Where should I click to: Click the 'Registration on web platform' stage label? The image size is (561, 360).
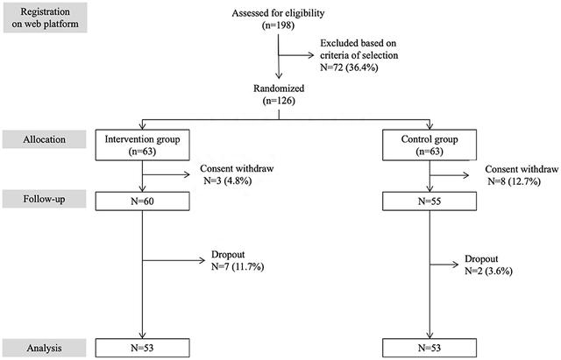45,18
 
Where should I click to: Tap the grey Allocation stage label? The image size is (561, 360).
44,139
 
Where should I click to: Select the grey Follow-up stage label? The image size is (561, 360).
44,199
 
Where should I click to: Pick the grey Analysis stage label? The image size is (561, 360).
44,348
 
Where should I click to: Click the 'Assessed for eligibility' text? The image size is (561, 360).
278,13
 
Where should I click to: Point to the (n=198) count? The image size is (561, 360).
278,25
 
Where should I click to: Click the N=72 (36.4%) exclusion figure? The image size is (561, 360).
349,67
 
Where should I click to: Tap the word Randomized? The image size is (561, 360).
279,88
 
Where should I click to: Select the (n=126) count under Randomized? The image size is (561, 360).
279,101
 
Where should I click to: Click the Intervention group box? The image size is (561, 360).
142,145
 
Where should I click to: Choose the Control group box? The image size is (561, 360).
430,145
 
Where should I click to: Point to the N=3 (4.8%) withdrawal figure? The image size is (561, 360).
228,180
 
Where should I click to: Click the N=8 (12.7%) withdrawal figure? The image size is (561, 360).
515,181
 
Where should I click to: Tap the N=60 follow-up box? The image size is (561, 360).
142,201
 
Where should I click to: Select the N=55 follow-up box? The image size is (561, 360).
430,201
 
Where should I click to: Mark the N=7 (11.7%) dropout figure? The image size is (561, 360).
238,266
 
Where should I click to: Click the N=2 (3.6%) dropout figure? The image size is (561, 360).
488,271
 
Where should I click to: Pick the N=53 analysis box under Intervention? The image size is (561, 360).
142,348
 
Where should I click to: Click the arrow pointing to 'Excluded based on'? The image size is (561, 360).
296,55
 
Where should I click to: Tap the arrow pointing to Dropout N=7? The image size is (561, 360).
174,260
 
